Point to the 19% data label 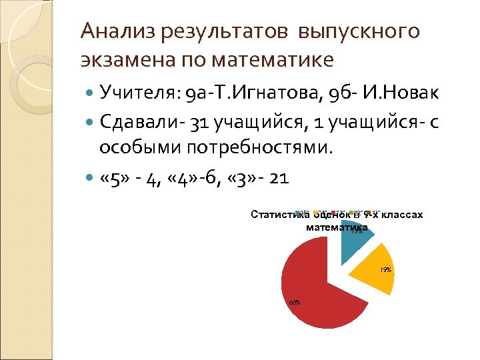click(385, 270)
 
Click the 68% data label click(294, 302)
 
